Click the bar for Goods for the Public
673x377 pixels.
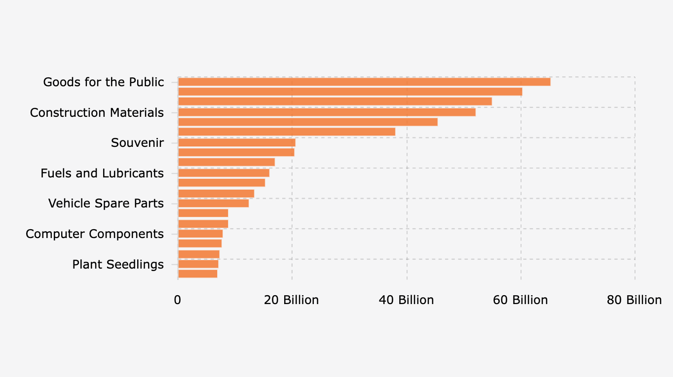(364, 82)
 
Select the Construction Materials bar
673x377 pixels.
(326, 112)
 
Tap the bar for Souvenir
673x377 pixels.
(236, 142)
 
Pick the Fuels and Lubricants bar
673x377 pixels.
(224, 173)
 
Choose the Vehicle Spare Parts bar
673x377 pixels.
(213, 203)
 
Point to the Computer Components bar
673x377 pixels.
(200, 234)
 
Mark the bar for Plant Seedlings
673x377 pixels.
(198, 264)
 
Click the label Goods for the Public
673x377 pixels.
(103, 82)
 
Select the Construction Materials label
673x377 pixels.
(97, 112)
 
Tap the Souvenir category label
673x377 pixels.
(137, 143)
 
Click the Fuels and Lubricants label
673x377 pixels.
(102, 173)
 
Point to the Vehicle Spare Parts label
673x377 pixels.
(106, 204)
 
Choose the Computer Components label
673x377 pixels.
(95, 234)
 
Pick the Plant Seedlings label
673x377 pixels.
(118, 265)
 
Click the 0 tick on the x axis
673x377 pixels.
(178, 300)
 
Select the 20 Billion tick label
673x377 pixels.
(292, 300)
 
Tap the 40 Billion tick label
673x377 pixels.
(406, 300)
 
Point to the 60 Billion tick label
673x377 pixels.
(521, 300)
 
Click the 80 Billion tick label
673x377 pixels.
(634, 300)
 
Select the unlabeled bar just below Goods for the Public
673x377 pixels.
(350, 92)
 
